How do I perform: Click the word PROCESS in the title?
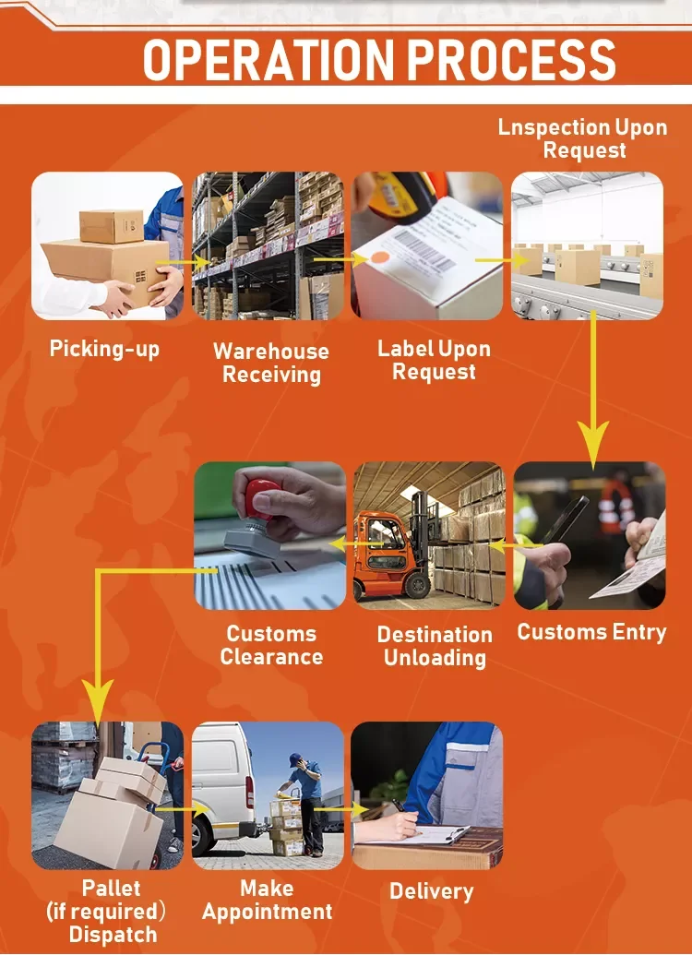pos(511,61)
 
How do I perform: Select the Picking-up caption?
pos(104,349)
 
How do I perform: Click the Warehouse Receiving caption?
pos(271,363)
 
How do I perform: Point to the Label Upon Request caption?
pos(434,361)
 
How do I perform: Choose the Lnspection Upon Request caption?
pos(583,138)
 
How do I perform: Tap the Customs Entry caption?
pos(591,632)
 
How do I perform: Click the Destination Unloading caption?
pos(435,646)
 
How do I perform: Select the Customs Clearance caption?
pos(271,645)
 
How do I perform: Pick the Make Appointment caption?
pos(267,900)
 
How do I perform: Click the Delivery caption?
pos(431,891)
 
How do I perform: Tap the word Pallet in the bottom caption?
pos(111,889)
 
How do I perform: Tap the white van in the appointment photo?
pos(221,784)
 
